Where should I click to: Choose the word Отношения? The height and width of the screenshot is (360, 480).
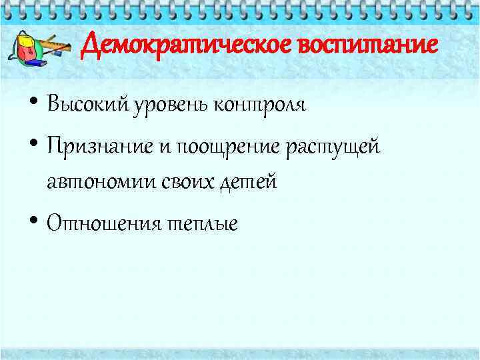click(103, 223)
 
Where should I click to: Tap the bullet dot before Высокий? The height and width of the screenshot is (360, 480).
click(33, 105)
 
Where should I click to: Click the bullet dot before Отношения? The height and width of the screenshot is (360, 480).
click(33, 223)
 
